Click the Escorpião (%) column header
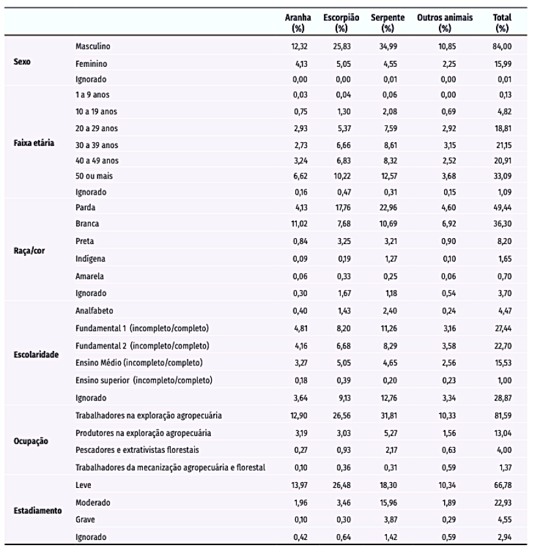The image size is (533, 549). coord(337,23)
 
